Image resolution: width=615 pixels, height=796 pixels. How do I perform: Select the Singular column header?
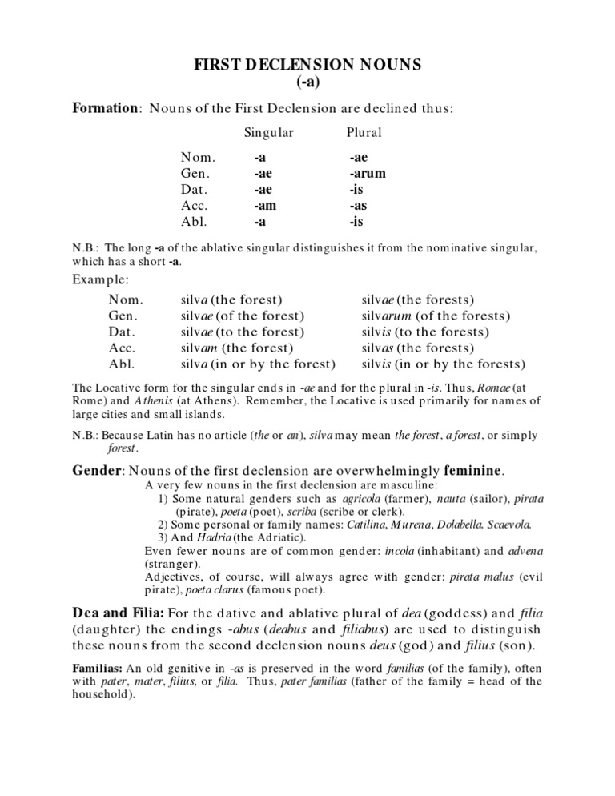268,132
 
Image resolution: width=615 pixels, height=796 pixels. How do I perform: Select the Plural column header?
364,132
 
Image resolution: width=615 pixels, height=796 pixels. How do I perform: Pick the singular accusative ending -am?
265,204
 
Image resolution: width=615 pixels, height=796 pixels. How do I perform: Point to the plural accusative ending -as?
357,204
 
